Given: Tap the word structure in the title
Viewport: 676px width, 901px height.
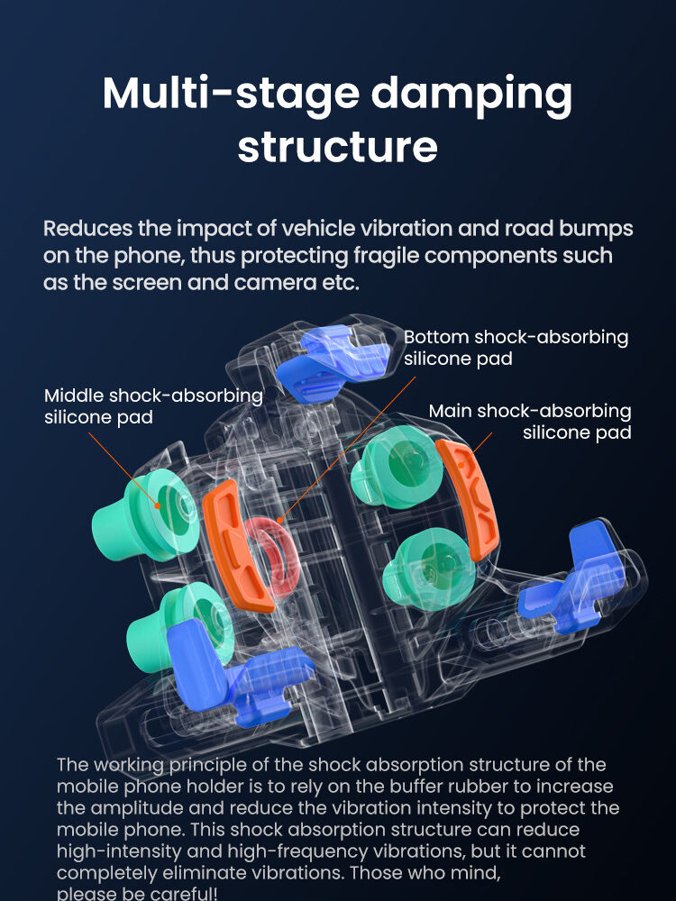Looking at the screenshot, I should [x=337, y=147].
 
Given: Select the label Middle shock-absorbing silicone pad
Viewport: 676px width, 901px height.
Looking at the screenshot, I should [x=153, y=405].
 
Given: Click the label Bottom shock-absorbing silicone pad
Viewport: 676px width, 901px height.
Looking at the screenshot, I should [x=516, y=348].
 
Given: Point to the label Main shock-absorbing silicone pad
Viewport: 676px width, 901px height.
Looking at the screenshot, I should [x=530, y=421].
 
